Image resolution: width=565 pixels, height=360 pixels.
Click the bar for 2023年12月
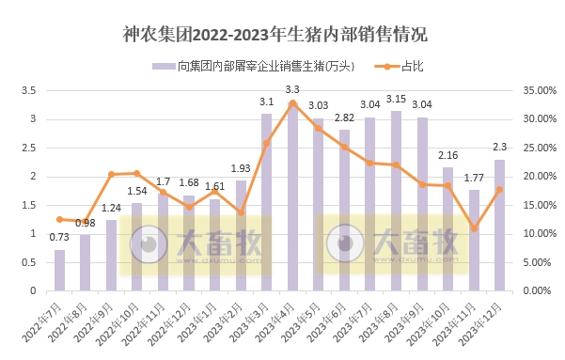499,226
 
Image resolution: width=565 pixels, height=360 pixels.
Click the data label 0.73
59,238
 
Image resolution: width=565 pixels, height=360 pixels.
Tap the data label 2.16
447,154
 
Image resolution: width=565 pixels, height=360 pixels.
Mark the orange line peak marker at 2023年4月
292,102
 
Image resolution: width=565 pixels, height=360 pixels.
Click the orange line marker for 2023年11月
474,228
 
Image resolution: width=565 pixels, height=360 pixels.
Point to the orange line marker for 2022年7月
60,219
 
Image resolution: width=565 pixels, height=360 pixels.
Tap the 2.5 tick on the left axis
28,148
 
